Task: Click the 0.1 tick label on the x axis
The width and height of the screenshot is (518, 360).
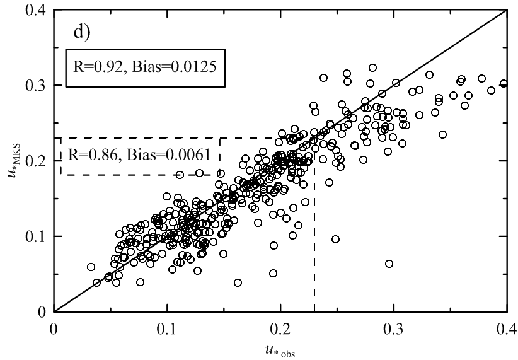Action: click(x=168, y=328)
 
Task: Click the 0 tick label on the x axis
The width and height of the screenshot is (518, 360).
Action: click(x=55, y=328)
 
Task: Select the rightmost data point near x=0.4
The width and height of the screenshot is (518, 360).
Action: click(x=504, y=83)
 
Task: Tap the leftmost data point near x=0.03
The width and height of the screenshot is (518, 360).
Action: click(x=91, y=267)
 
